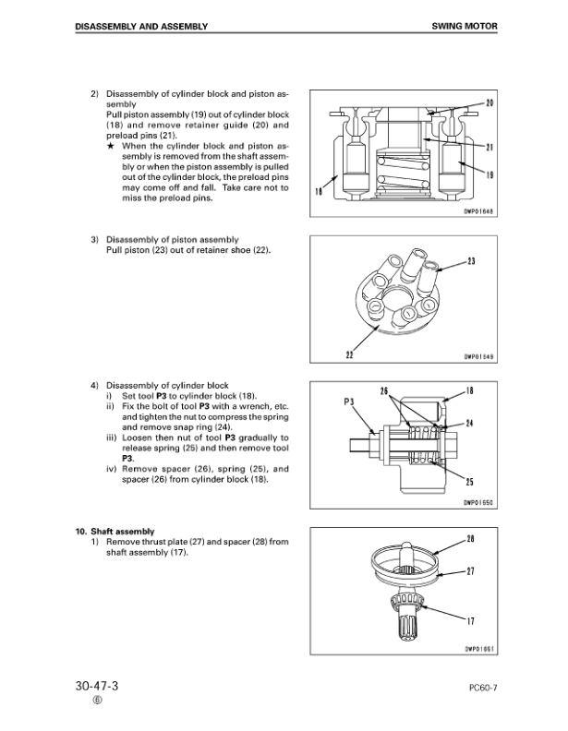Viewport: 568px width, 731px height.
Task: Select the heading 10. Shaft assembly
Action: click(115, 531)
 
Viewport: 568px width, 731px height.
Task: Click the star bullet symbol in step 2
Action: click(111, 147)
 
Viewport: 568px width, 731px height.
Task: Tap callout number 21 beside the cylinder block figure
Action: click(489, 148)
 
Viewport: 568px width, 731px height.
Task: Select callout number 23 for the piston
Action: click(471, 261)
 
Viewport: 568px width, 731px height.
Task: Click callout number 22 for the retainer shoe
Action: click(351, 354)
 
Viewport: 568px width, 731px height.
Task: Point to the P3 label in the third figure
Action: click(349, 401)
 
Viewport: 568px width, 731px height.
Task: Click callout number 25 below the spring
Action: click(470, 482)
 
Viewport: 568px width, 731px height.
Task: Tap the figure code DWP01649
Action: click(477, 360)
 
